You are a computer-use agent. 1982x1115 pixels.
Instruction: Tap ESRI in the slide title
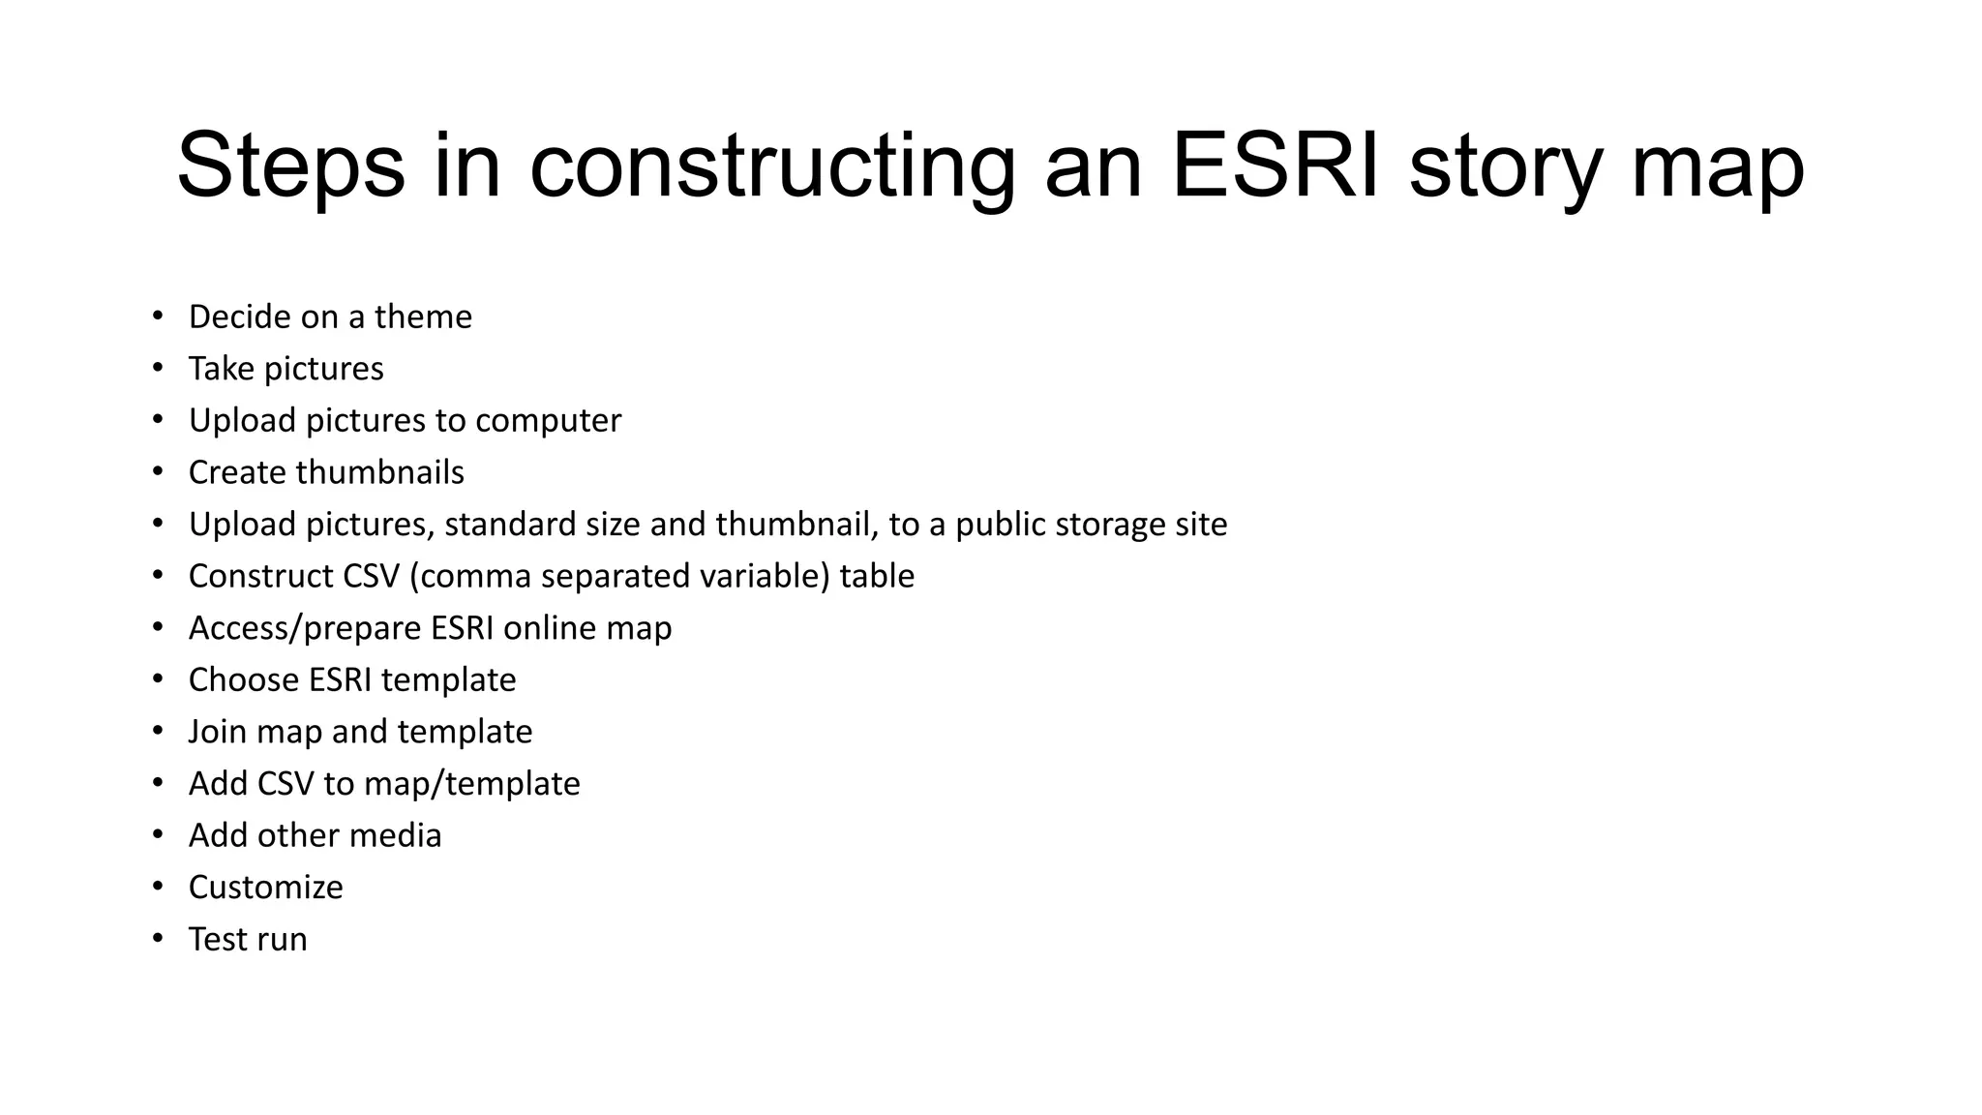[x=1275, y=166]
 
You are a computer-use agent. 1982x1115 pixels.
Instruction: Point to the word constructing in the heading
[x=772, y=166]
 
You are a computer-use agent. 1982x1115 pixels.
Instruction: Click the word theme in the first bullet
[x=423, y=317]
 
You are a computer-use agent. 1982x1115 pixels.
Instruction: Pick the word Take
[x=222, y=369]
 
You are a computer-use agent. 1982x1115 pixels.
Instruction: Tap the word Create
[x=238, y=472]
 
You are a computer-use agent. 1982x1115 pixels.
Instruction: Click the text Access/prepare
[x=305, y=628]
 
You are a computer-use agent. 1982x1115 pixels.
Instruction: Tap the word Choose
[x=244, y=679]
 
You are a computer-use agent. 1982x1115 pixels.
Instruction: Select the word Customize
[x=265, y=888]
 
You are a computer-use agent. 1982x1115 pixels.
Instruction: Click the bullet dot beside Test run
[x=158, y=939]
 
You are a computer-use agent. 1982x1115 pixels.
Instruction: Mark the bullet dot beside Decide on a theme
[x=158, y=316]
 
